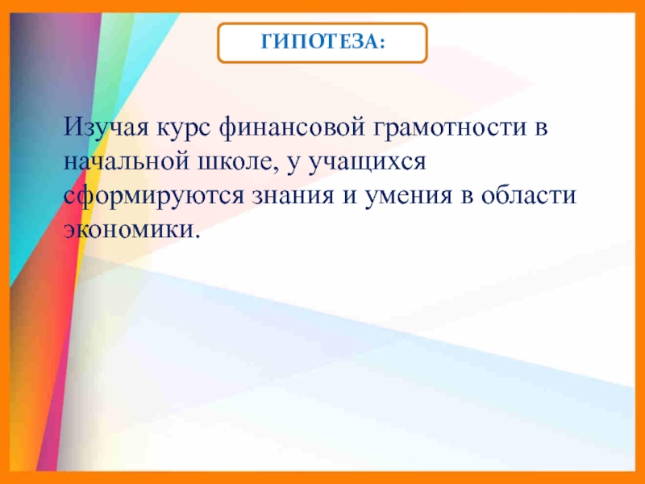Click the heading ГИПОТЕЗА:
pos(322,44)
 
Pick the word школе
pos(239,162)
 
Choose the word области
pos(528,196)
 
